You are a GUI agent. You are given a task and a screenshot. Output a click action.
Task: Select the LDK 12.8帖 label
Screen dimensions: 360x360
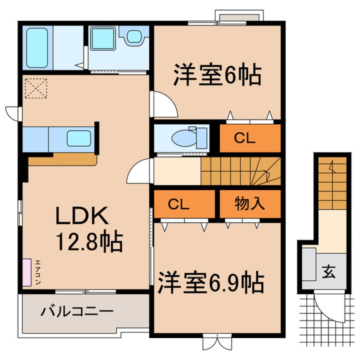[88, 230]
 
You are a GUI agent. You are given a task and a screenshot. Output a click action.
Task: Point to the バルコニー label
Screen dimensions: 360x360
[77, 312]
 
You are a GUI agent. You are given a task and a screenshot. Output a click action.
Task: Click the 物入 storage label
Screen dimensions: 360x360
[250, 204]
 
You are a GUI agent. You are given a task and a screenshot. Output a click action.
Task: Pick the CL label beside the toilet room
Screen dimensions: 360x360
[246, 138]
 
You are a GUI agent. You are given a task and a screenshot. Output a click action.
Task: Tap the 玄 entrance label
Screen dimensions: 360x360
[328, 270]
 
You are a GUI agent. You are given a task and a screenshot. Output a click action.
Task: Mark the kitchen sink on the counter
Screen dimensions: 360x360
[79, 138]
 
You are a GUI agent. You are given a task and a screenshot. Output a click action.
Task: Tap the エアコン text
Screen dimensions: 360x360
[37, 273]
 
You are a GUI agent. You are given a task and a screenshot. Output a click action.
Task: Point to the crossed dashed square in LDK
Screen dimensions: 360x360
[36, 88]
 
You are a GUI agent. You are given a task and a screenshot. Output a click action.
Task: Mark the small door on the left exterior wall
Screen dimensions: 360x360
[13, 112]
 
